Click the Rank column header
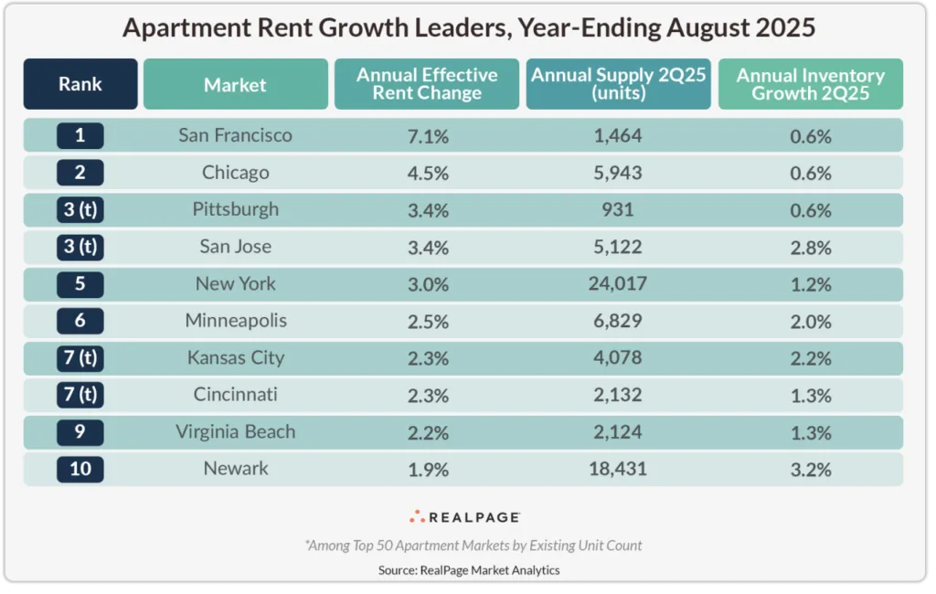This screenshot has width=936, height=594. [80, 84]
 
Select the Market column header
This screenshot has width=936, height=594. [235, 85]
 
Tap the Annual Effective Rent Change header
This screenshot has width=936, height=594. [427, 84]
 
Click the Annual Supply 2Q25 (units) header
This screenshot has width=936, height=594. [619, 84]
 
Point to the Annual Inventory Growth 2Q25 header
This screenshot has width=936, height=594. [811, 84]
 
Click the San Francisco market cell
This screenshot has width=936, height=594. [235, 135]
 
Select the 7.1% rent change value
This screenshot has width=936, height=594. [427, 136]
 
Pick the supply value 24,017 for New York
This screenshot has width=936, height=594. [619, 284]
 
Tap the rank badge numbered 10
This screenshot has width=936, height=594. [80, 470]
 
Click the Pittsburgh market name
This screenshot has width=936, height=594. [235, 209]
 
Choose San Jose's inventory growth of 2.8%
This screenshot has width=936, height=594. [811, 247]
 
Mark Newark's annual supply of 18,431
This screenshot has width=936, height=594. [619, 470]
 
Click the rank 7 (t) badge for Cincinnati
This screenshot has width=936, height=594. [80, 395]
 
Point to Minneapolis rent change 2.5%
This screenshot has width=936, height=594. [427, 321]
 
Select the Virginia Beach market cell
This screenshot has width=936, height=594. [235, 432]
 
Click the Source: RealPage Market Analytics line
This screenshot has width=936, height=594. [469, 569]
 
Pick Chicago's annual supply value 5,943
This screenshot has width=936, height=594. [619, 173]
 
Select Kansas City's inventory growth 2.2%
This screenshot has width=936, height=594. [811, 358]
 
